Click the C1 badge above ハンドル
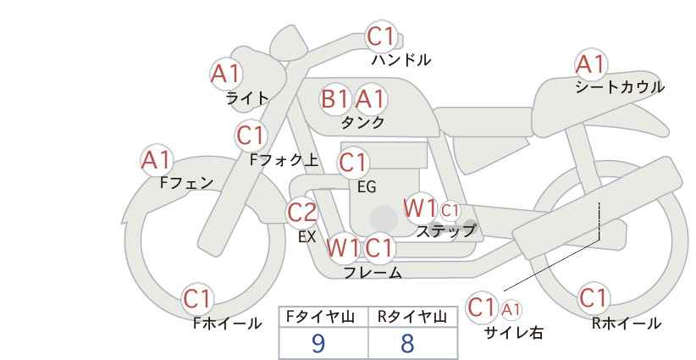point(381,37)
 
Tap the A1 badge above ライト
point(225,75)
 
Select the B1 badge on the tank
point(335,99)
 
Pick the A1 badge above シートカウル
point(590,64)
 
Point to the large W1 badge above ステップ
point(420,208)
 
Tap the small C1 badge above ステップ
point(450,210)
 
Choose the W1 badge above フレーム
point(343,248)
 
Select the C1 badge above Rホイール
point(594,299)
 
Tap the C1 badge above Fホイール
point(199,299)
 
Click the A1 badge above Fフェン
point(157,159)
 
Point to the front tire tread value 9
point(318,343)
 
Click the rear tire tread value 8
point(408,343)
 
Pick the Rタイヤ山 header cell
point(412,318)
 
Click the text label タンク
point(362,122)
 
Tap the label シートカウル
point(619,87)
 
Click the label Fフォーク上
point(284,158)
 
